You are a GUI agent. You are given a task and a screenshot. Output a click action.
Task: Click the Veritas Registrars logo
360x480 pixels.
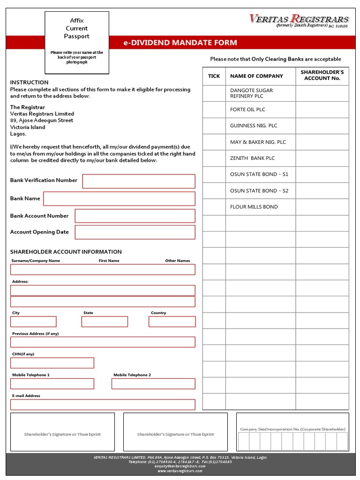pyautogui.click(x=299, y=21)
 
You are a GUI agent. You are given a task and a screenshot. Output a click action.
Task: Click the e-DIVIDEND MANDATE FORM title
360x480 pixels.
pyautogui.click(x=180, y=43)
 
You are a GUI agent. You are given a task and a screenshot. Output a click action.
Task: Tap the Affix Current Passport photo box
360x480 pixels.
pyautogui.click(x=77, y=43)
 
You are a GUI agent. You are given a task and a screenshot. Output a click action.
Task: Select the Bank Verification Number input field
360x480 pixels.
pyautogui.click(x=139, y=181)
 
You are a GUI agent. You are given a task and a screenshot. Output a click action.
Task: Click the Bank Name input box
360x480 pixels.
pyautogui.click(x=119, y=199)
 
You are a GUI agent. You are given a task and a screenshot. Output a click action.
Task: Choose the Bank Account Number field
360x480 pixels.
pyautogui.click(x=135, y=216)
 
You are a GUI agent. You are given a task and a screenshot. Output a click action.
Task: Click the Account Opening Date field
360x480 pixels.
pyautogui.click(x=135, y=232)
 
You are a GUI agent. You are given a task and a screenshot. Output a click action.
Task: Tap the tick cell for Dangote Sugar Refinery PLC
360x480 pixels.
pyautogui.click(x=214, y=93)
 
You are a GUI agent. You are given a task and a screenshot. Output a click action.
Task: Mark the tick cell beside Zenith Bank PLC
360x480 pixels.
pyautogui.click(x=214, y=158)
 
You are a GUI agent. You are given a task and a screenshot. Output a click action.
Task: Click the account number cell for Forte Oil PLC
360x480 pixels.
pyautogui.click(x=322, y=110)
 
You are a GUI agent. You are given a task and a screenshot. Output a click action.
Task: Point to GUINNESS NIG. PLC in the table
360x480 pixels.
pyautogui.click(x=254, y=126)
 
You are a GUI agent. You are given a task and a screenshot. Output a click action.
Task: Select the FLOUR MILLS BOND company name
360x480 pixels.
pyautogui.click(x=254, y=207)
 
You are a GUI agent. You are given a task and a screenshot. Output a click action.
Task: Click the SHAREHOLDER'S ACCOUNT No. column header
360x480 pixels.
pyautogui.click(x=322, y=75)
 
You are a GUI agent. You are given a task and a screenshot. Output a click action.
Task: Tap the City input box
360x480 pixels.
pyautogui.click(x=33, y=322)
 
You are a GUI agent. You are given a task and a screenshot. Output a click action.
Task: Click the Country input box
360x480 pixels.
pyautogui.click(x=172, y=322)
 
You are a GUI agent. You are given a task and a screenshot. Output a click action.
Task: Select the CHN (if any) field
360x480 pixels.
pyautogui.click(x=52, y=363)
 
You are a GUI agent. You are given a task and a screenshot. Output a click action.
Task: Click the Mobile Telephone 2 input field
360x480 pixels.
pyautogui.click(x=153, y=384)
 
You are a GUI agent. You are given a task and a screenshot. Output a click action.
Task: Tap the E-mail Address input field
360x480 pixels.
pyautogui.click(x=103, y=405)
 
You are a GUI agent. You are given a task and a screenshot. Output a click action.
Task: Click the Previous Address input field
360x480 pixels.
pyautogui.click(x=103, y=342)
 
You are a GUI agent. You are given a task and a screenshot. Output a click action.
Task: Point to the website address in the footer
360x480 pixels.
pyautogui.click(x=180, y=471)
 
